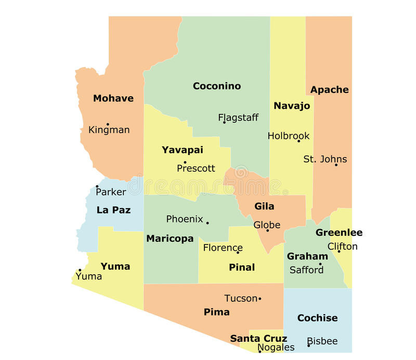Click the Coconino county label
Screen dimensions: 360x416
[x=217, y=86]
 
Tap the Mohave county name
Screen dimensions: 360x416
[x=113, y=98]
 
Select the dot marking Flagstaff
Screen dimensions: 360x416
[x=224, y=122]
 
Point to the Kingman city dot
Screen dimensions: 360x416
[x=108, y=124]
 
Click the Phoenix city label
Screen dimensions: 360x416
[x=185, y=219]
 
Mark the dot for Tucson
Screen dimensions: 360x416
[x=259, y=299]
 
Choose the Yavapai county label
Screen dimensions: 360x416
[x=182, y=150]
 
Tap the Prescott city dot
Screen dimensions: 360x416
[x=185, y=162]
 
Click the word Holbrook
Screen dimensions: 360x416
[x=289, y=136]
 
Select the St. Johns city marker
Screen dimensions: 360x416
[x=336, y=165]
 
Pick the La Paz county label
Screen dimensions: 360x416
[x=113, y=210]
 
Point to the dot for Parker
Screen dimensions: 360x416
[x=97, y=186]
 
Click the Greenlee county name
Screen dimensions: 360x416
[x=339, y=233]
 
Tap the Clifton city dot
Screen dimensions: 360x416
[x=339, y=251]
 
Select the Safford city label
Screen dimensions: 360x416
[x=306, y=269]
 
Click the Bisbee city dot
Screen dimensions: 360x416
[x=308, y=345]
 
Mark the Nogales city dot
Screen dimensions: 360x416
[x=260, y=352]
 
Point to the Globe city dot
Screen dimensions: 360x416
[x=268, y=230]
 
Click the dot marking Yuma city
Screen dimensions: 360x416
[x=80, y=270]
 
